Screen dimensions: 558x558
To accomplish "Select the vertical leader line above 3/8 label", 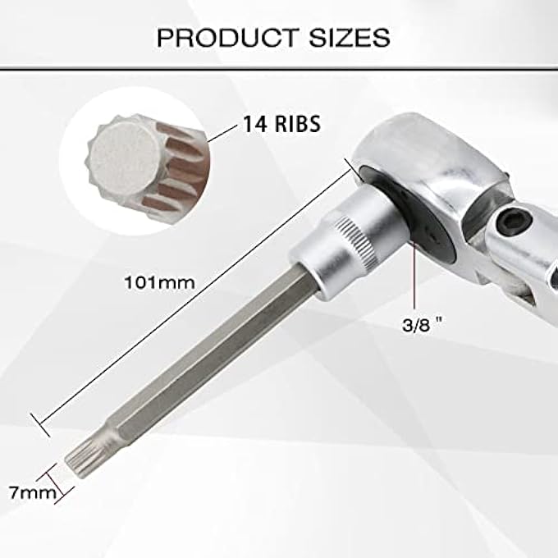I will click(x=416, y=279).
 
